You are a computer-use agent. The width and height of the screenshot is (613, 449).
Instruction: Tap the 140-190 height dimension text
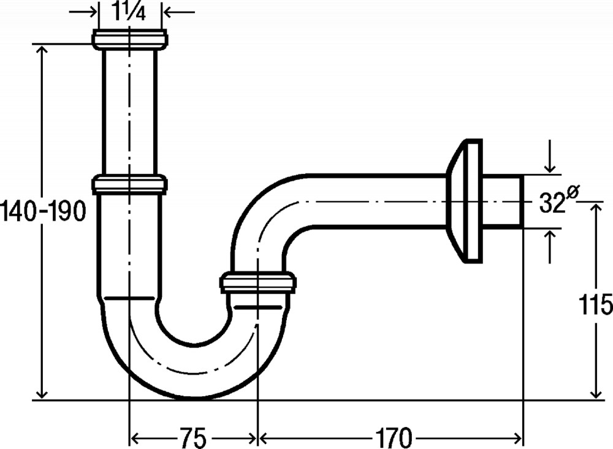tap(43, 211)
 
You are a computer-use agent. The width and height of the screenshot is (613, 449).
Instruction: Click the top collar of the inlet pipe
tap(130, 39)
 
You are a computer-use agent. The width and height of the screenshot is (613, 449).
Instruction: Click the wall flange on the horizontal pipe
tap(465, 201)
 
